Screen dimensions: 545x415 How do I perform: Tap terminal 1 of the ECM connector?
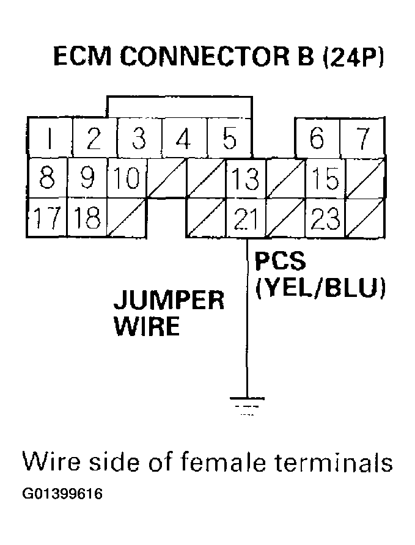[x=50, y=139]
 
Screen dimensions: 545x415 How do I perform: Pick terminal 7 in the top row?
[x=362, y=139]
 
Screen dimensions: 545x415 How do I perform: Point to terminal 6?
[x=317, y=139]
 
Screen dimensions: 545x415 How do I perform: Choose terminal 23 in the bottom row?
[x=325, y=218]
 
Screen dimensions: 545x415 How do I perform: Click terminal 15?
[x=325, y=178]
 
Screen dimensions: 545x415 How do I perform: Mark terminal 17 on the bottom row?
[x=47, y=218]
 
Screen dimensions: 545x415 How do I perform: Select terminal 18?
[x=88, y=218]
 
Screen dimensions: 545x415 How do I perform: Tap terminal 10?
[x=127, y=178]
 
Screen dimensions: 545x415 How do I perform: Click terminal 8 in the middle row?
[x=47, y=178]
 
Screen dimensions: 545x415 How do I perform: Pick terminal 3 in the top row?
[x=139, y=139]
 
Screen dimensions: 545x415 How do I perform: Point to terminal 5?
[x=229, y=139]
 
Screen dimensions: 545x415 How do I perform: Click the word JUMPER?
[x=169, y=300]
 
